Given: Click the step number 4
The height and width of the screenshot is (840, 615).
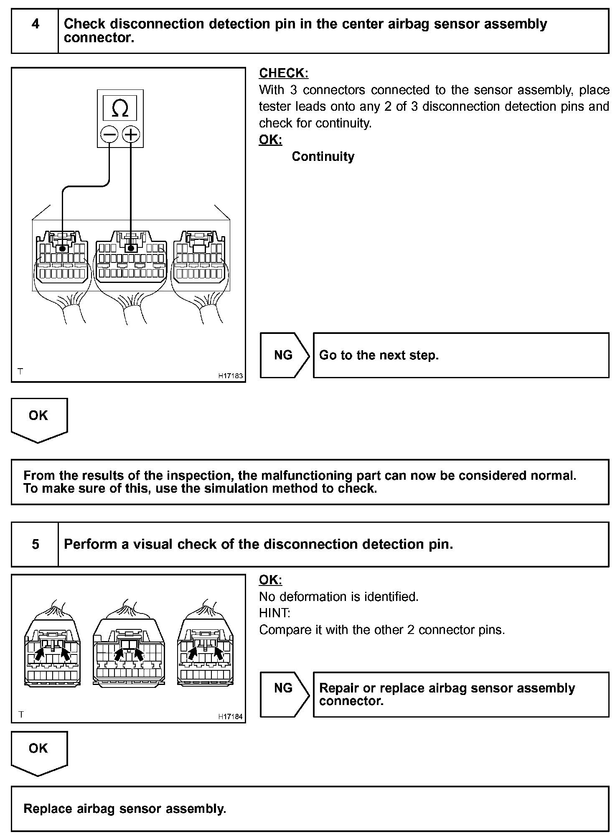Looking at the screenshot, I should [x=36, y=24].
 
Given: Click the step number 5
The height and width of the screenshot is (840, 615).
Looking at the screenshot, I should [x=36, y=544].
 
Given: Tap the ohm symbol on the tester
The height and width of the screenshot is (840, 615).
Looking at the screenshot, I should [x=120, y=109].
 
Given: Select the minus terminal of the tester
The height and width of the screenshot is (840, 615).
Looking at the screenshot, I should [x=109, y=135].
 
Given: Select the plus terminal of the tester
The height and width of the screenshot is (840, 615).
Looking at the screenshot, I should [x=131, y=135].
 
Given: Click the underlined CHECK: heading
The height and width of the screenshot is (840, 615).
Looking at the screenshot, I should [x=284, y=73].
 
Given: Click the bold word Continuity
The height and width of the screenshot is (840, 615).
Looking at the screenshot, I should [x=323, y=157].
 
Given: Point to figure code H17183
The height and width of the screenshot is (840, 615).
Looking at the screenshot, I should [x=230, y=376].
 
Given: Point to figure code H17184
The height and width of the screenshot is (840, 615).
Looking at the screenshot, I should [x=230, y=716].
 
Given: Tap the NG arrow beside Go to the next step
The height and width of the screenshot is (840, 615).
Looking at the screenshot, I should [x=284, y=355].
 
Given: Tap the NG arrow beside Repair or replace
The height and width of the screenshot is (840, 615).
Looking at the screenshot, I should [x=284, y=688].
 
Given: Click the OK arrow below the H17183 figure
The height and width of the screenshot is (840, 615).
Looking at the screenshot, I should [x=39, y=418].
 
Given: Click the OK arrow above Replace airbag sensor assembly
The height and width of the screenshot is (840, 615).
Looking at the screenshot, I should [x=39, y=751].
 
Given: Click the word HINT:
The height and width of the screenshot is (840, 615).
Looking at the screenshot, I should [x=274, y=613].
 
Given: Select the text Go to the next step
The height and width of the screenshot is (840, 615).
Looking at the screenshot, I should [x=379, y=355].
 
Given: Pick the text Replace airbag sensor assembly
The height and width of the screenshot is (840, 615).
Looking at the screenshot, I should [x=125, y=809].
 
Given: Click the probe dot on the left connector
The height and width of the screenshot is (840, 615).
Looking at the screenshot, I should [x=63, y=249].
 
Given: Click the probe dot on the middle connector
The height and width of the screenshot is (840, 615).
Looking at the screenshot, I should [x=131, y=249].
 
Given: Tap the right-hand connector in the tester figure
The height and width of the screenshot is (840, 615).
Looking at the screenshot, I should [x=199, y=259].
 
